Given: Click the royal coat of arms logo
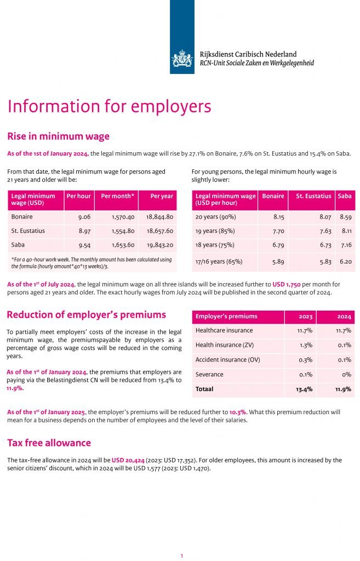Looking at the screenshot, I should click(x=182, y=58).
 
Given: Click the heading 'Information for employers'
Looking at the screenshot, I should click(x=109, y=106).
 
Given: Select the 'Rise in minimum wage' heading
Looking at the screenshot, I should click(x=58, y=136).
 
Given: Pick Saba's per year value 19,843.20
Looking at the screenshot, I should click(x=160, y=245).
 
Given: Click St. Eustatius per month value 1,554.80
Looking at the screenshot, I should click(x=123, y=231).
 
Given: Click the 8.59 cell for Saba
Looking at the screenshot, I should click(x=345, y=217).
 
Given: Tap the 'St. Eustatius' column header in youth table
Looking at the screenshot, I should click(x=313, y=196).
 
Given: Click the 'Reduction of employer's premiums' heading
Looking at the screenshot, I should click(x=86, y=314).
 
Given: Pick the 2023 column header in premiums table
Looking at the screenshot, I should click(x=305, y=316).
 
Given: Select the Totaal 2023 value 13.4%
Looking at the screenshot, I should click(x=304, y=389).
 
